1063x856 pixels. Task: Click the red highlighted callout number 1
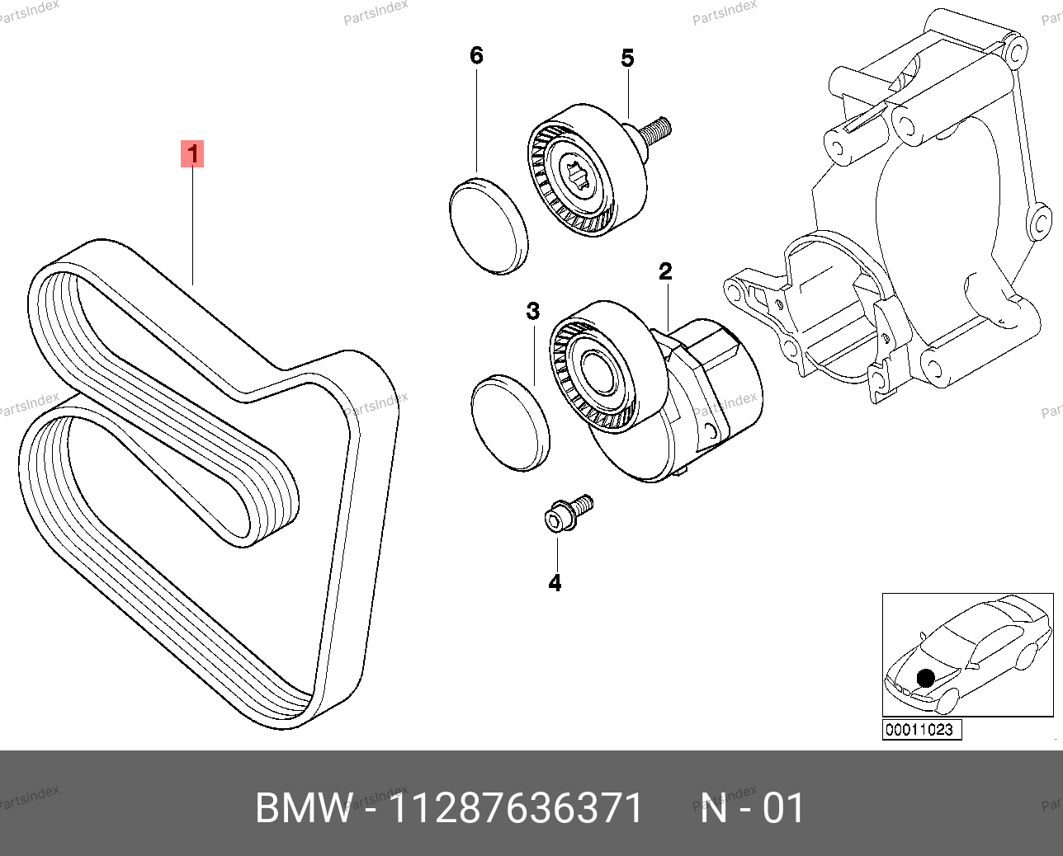pyautogui.click(x=192, y=153)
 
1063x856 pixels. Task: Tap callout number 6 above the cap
pyautogui.click(x=476, y=55)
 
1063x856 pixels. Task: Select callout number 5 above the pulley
pyautogui.click(x=627, y=59)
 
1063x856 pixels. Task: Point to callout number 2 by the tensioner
pyautogui.click(x=665, y=271)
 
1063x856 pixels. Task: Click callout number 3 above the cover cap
pyautogui.click(x=533, y=311)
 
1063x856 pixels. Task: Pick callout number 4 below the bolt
pyautogui.click(x=555, y=583)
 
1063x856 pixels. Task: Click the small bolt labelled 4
pyautogui.click(x=566, y=514)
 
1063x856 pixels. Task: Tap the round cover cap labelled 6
pyautogui.click(x=489, y=224)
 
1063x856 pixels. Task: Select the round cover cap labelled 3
pyautogui.click(x=510, y=422)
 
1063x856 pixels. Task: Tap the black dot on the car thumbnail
pyautogui.click(x=925, y=678)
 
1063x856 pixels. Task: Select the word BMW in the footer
pyautogui.click(x=303, y=808)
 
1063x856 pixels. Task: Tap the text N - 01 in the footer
pyautogui.click(x=752, y=808)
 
